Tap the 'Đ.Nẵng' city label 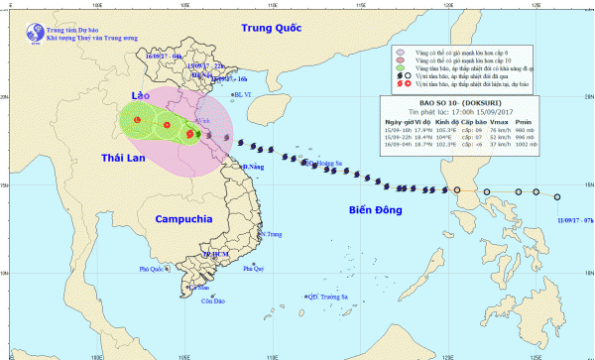click(256, 169)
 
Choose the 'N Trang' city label click(271, 235)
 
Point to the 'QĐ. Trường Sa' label click(328, 297)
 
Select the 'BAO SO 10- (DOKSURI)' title click(459, 102)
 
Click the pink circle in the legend click(399, 60)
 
